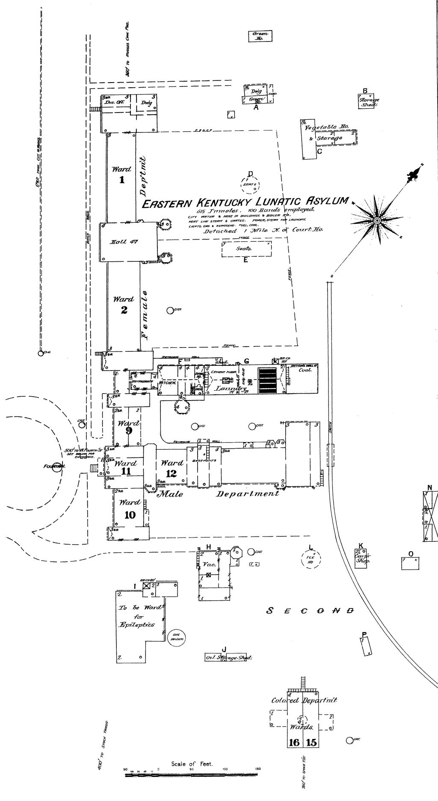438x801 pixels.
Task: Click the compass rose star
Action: click(377, 220)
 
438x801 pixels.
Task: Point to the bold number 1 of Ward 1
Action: click(122, 180)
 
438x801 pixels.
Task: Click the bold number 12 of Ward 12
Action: click(172, 473)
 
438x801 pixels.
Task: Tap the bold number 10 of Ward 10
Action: click(130, 514)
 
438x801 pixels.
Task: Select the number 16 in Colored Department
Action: click(294, 742)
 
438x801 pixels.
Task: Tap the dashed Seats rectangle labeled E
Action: click(246, 249)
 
